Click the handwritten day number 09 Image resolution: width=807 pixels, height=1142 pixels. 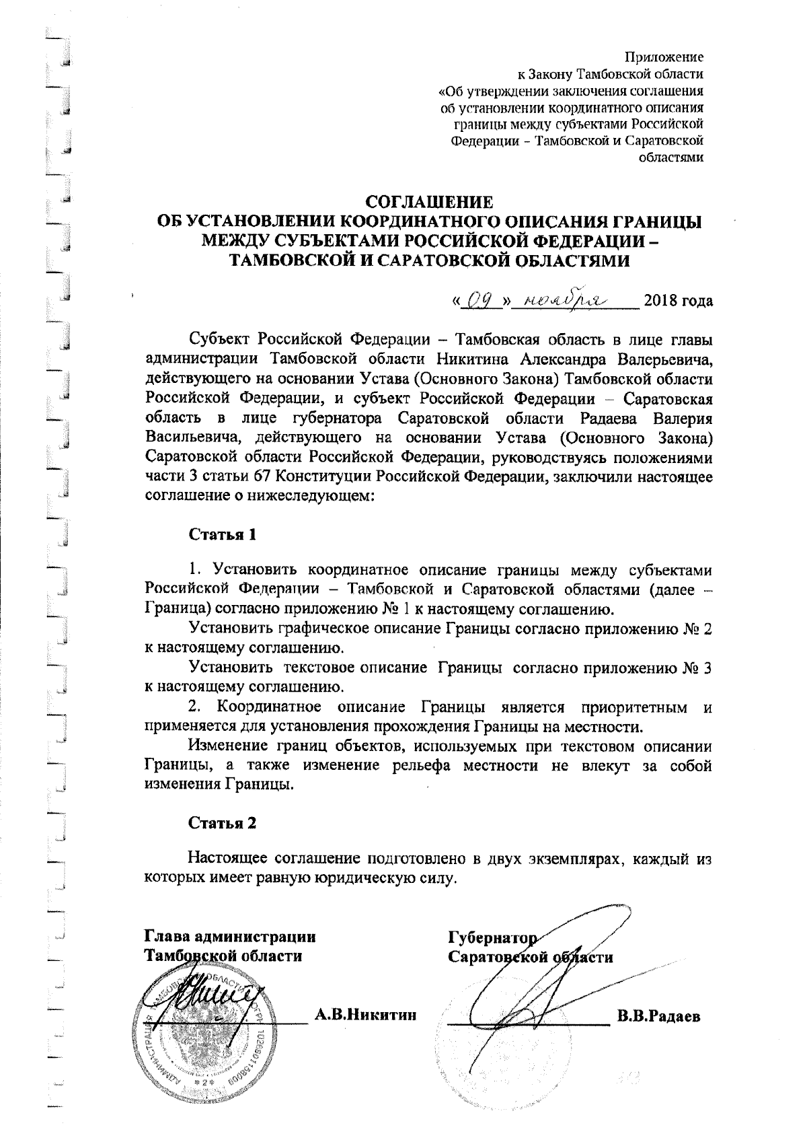(478, 298)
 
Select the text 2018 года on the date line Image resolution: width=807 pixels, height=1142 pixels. (678, 299)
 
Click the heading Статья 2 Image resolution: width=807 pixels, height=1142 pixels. (222, 823)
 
